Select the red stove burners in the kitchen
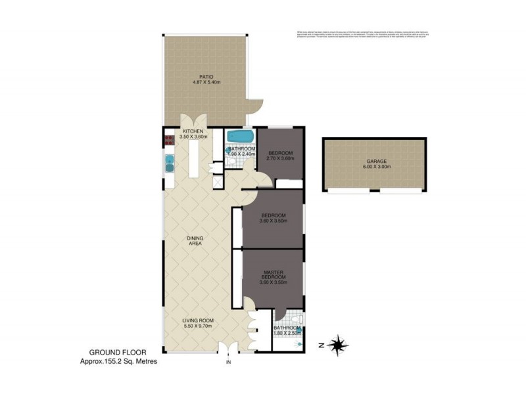[x=168, y=139]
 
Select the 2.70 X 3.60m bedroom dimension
[x=279, y=158]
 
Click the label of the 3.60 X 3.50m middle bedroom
[x=273, y=216]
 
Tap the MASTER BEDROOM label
[x=273, y=275]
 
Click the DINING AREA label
[x=195, y=240]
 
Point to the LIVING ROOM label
[x=198, y=320]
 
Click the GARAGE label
[x=377, y=161]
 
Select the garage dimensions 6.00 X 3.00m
[x=377, y=167]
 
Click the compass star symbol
[x=339, y=343]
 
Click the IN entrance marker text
[x=228, y=362]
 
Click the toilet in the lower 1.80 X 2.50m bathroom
[x=297, y=320]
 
